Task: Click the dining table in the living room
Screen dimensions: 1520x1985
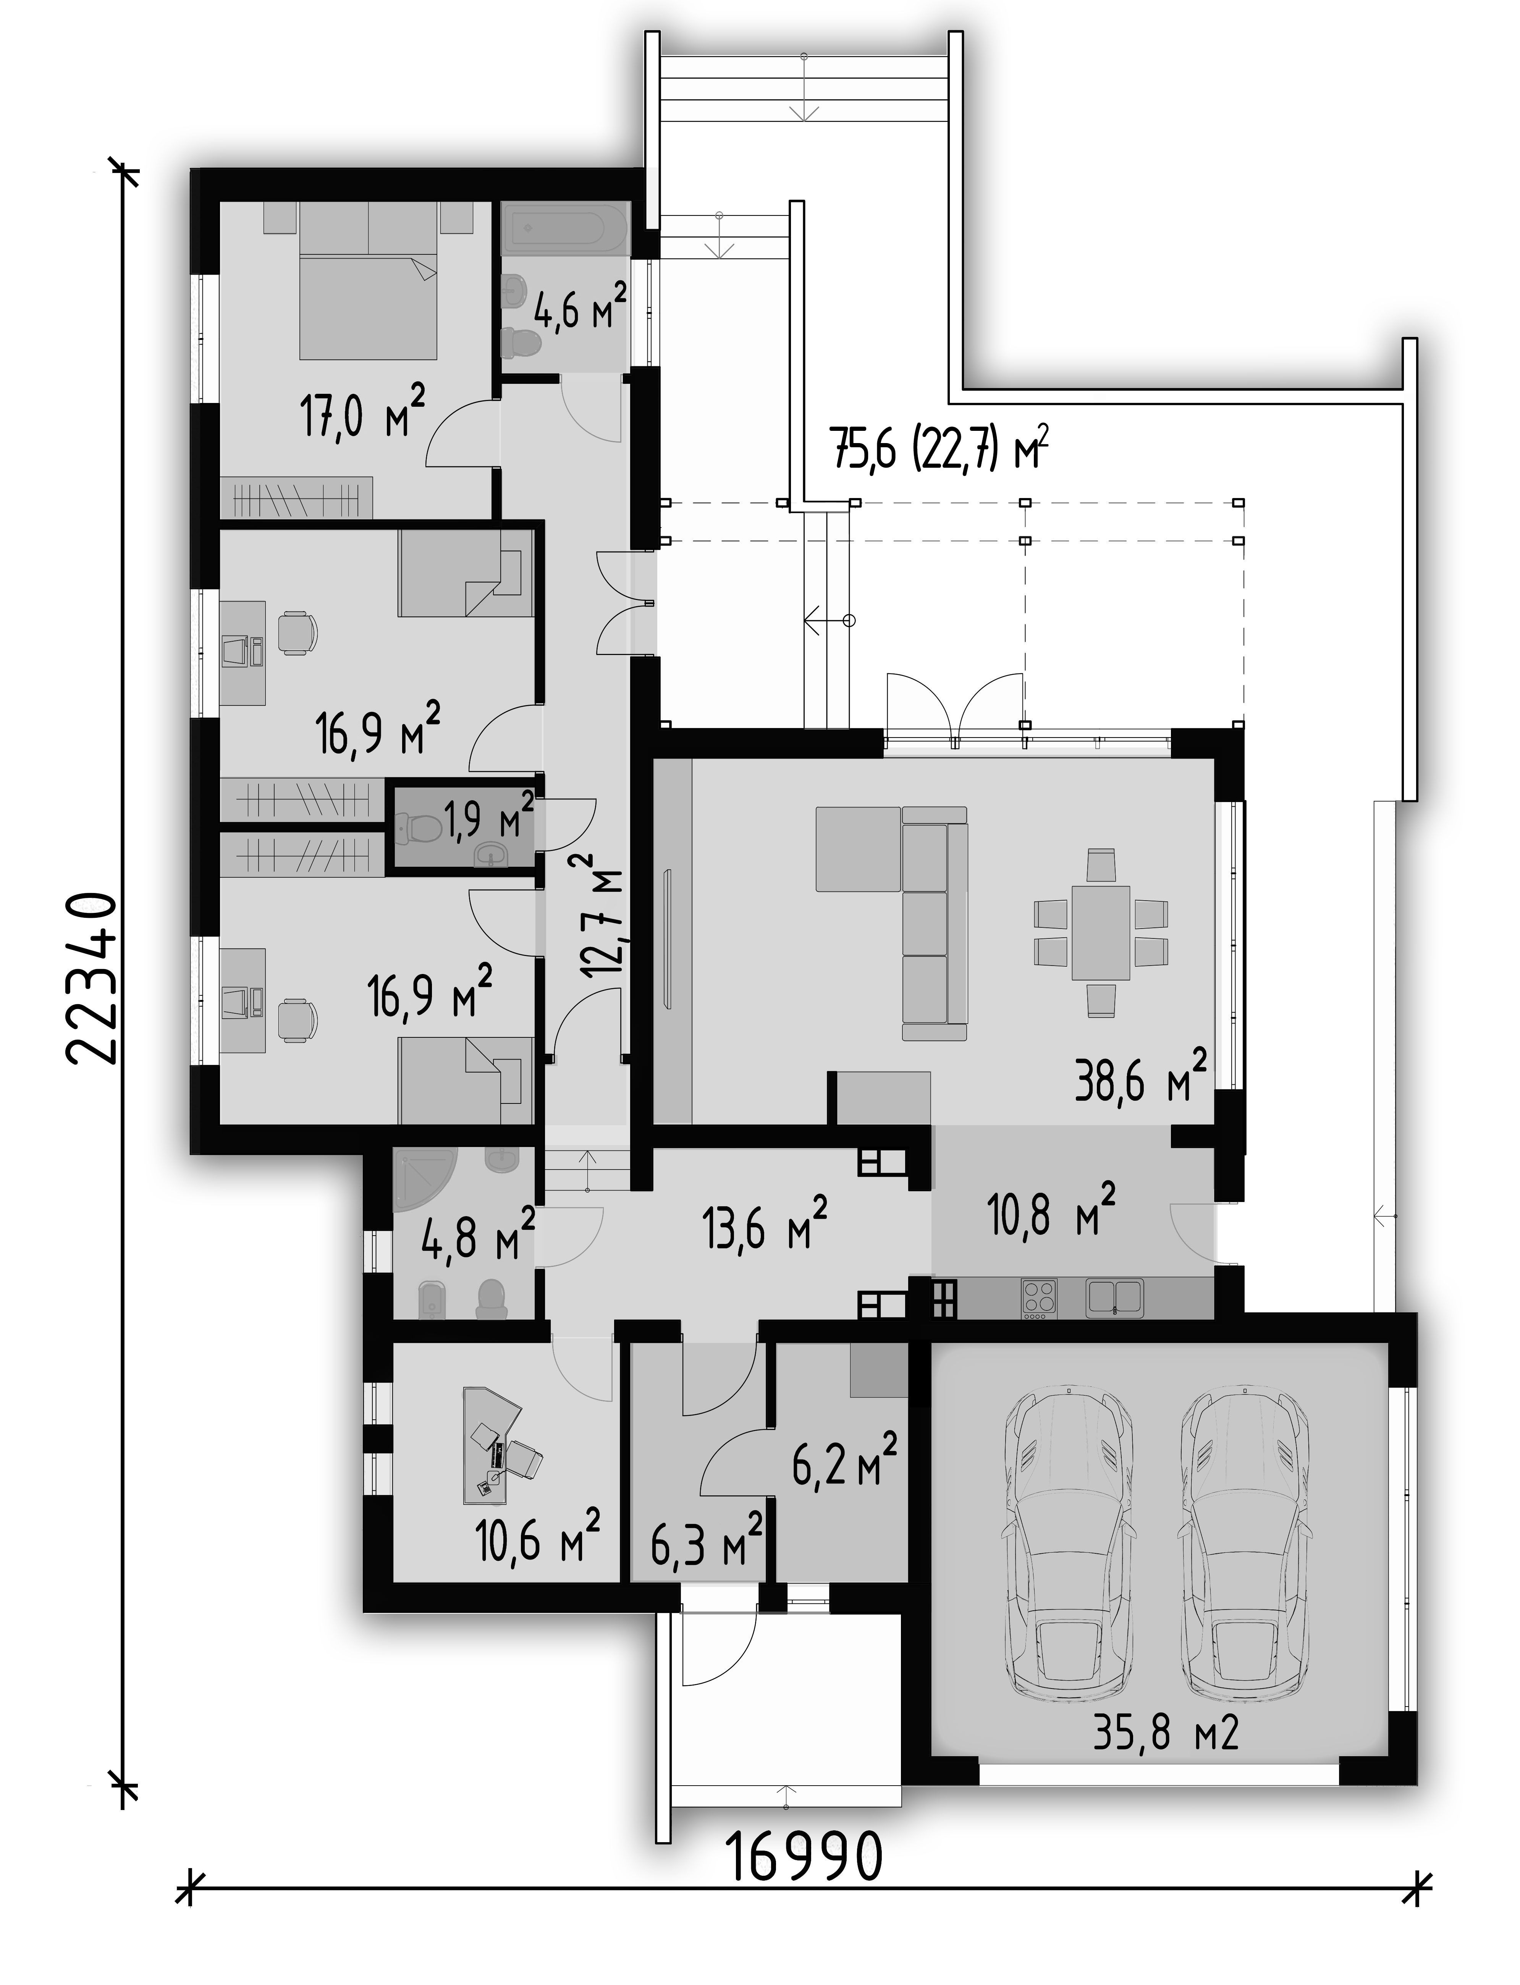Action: (x=1101, y=932)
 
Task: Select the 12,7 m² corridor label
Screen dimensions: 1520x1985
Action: (x=603, y=918)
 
